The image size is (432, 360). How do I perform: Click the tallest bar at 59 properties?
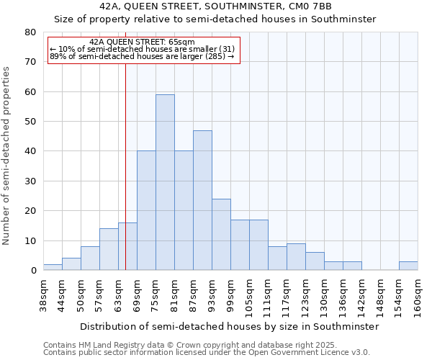click(165, 182)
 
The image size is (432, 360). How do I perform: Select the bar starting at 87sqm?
click(202, 200)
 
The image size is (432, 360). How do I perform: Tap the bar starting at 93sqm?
click(221, 234)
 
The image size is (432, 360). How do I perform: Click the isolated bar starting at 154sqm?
click(408, 266)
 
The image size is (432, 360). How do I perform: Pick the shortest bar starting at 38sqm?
click(53, 267)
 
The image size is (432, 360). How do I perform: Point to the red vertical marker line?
click(125, 166)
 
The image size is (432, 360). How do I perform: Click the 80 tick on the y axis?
click(31, 32)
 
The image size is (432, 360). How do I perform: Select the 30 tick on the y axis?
click(31, 181)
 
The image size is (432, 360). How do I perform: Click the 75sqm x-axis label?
click(156, 295)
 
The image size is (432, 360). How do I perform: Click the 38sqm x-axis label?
click(43, 295)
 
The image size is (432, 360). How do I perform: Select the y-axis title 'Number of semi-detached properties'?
click(7, 155)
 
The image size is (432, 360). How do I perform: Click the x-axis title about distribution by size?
click(229, 326)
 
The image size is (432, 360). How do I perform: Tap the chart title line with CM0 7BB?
click(216, 6)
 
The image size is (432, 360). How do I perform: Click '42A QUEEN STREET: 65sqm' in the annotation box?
click(143, 42)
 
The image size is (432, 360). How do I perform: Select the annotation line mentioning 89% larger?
click(142, 55)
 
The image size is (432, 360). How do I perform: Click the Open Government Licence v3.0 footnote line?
click(206, 352)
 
